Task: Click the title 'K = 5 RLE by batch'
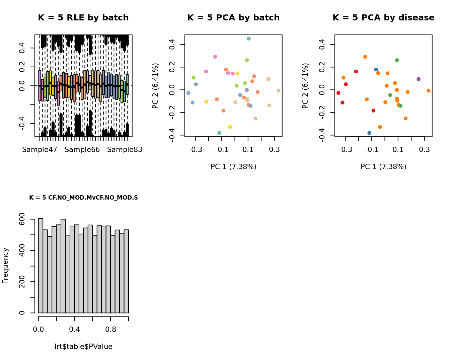[x=83, y=18]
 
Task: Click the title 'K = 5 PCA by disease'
[x=383, y=18]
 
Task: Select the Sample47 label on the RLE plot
[x=40, y=150]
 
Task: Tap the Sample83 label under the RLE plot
[x=125, y=150]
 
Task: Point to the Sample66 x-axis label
[x=82, y=150]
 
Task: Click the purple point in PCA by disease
[x=419, y=79]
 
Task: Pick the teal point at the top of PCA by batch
[x=249, y=39]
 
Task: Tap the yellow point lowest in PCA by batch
[x=230, y=127]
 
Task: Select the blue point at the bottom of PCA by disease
[x=369, y=133]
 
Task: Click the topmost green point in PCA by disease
[x=397, y=60]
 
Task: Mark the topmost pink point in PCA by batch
[x=215, y=57]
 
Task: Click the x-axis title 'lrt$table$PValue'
[x=83, y=347]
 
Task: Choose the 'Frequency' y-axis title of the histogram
[x=5, y=266]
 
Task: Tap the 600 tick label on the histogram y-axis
[x=22, y=219]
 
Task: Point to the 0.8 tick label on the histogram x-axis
[x=111, y=330]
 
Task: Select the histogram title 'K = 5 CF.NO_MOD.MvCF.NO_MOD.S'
[x=83, y=198]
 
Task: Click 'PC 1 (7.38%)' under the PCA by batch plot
[x=233, y=167]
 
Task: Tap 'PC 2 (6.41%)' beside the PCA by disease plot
[x=305, y=86]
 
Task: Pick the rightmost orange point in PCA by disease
[x=429, y=91]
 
